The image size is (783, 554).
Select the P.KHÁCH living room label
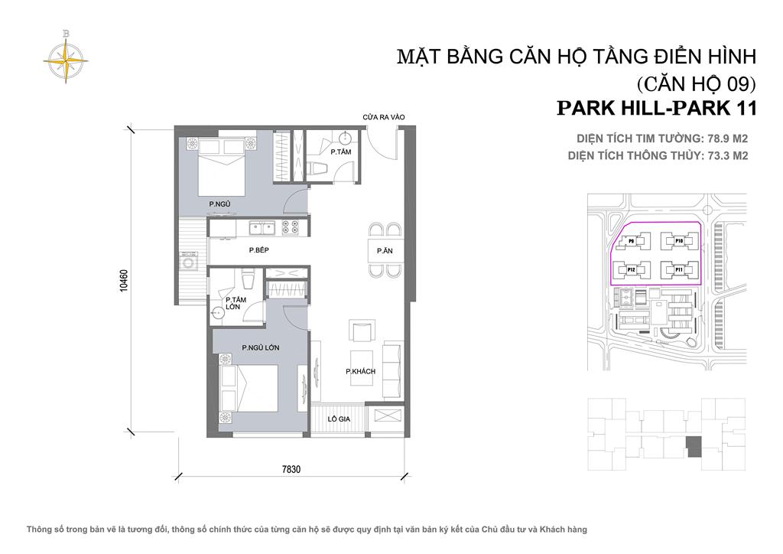[359, 371]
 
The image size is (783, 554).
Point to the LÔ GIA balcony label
[339, 419]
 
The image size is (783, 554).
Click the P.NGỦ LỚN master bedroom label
[260, 347]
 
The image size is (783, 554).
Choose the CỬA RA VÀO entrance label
[383, 116]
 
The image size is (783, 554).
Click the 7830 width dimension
[290, 470]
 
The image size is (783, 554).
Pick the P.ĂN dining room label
[384, 250]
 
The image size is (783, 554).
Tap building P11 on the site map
[678, 269]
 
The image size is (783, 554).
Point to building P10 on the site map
[678, 241]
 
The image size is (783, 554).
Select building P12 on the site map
[632, 269]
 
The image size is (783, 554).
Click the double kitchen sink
[261, 226]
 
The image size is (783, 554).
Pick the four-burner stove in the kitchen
[291, 226]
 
